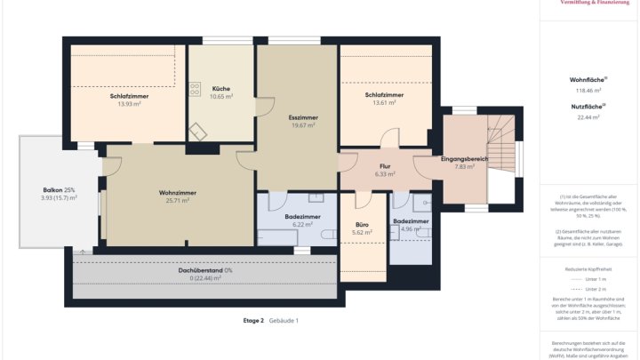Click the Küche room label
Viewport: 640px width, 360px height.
pos(221,88)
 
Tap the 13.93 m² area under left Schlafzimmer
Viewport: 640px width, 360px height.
pos(130,104)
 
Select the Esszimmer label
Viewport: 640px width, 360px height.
pos(303,116)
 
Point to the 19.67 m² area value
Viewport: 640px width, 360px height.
pos(303,125)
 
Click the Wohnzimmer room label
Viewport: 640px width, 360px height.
pos(178,192)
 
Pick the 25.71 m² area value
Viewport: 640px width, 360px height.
pos(178,201)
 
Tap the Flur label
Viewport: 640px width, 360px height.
pos(385,166)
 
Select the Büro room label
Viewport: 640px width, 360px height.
pos(361,224)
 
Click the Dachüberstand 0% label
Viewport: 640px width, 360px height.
pos(205,269)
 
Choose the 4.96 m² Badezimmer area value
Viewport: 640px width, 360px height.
pos(411,229)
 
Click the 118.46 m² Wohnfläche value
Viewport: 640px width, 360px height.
pos(588,90)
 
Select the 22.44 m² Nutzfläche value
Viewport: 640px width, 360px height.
pos(588,116)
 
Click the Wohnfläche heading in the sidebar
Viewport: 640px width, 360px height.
pos(588,79)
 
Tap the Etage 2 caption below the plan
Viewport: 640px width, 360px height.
pos(252,320)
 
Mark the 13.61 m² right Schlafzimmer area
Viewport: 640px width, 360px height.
pos(384,103)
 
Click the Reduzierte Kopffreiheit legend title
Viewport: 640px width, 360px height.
pos(588,267)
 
